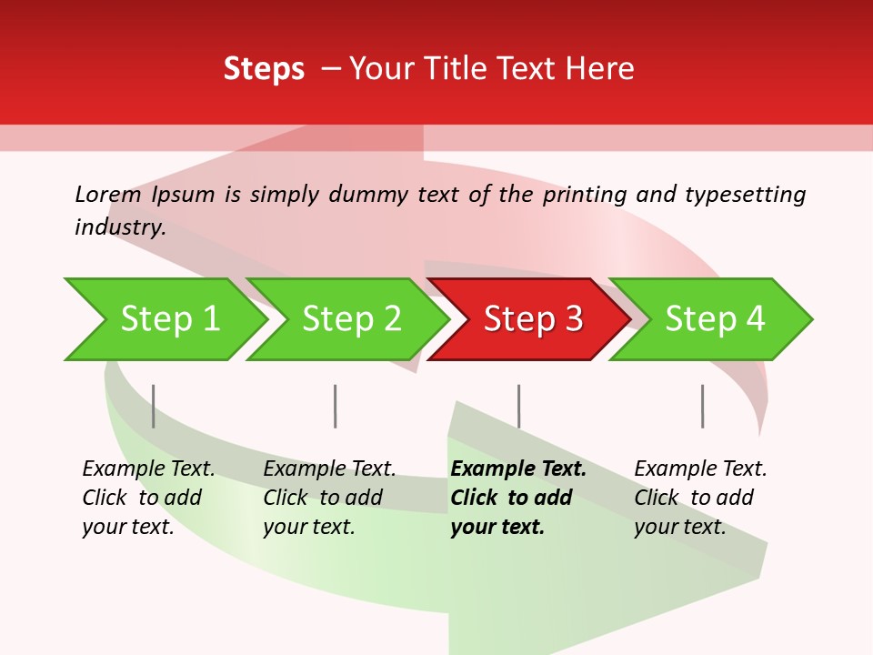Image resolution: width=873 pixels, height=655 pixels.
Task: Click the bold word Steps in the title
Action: tap(264, 69)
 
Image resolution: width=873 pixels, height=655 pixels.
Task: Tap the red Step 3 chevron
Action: tap(533, 319)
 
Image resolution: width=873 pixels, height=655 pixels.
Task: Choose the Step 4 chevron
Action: tap(715, 319)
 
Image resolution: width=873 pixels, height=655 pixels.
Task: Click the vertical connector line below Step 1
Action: tap(154, 406)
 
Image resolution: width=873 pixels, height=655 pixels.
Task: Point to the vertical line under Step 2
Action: tap(336, 406)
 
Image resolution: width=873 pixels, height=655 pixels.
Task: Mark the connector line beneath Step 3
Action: tap(518, 406)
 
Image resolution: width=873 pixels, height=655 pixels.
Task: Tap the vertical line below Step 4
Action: tap(702, 406)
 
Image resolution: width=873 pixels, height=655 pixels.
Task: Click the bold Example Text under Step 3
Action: tap(518, 469)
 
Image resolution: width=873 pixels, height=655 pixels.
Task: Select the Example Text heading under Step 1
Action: tap(148, 469)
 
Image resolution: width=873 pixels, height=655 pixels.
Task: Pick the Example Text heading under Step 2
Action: tap(329, 469)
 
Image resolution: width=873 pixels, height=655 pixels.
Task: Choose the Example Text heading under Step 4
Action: tap(700, 469)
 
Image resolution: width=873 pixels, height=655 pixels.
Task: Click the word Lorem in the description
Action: tap(108, 195)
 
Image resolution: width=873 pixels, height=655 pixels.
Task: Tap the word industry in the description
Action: tap(119, 227)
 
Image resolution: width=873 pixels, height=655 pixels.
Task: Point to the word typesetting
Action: tap(745, 195)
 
